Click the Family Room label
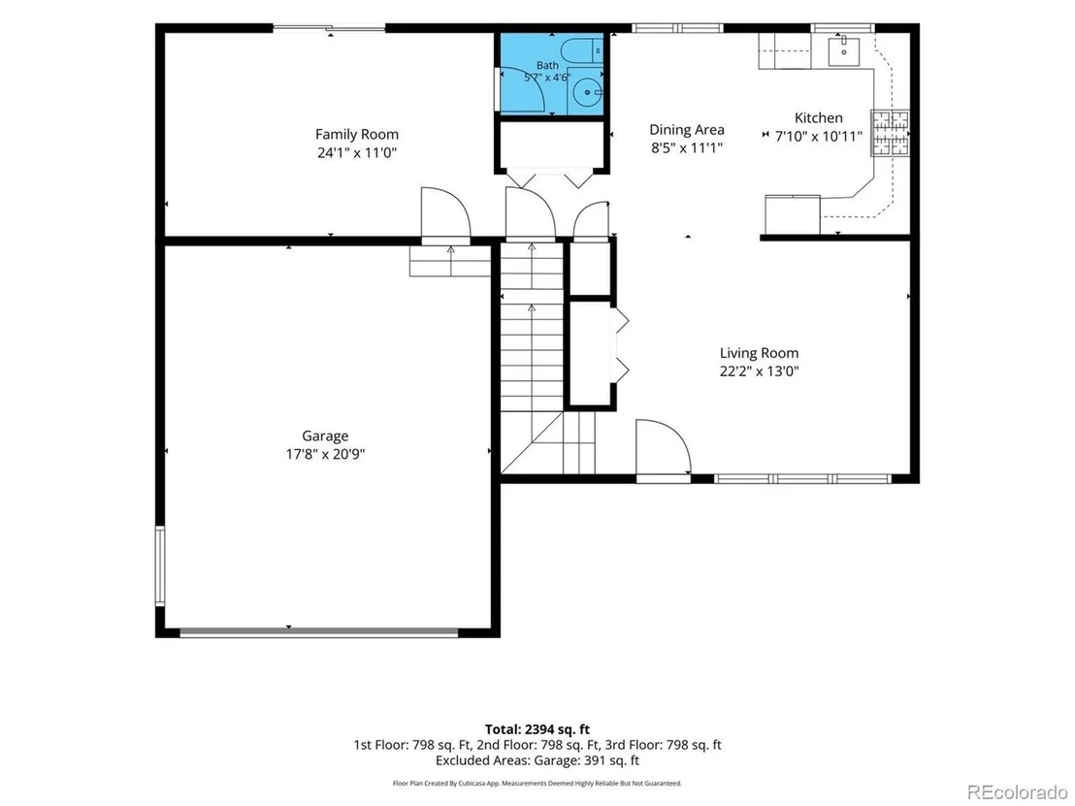356,134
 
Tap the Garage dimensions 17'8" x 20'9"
325,454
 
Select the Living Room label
759,353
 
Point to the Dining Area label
686,130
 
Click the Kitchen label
819,118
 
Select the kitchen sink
844,50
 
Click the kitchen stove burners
891,132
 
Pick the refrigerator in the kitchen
793,214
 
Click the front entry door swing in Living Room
663,446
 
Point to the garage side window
160,565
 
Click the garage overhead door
319,632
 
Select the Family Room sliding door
329,28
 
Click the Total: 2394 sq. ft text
537,729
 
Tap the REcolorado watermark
1018,792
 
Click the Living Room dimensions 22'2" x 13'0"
759,371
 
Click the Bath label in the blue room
547,65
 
